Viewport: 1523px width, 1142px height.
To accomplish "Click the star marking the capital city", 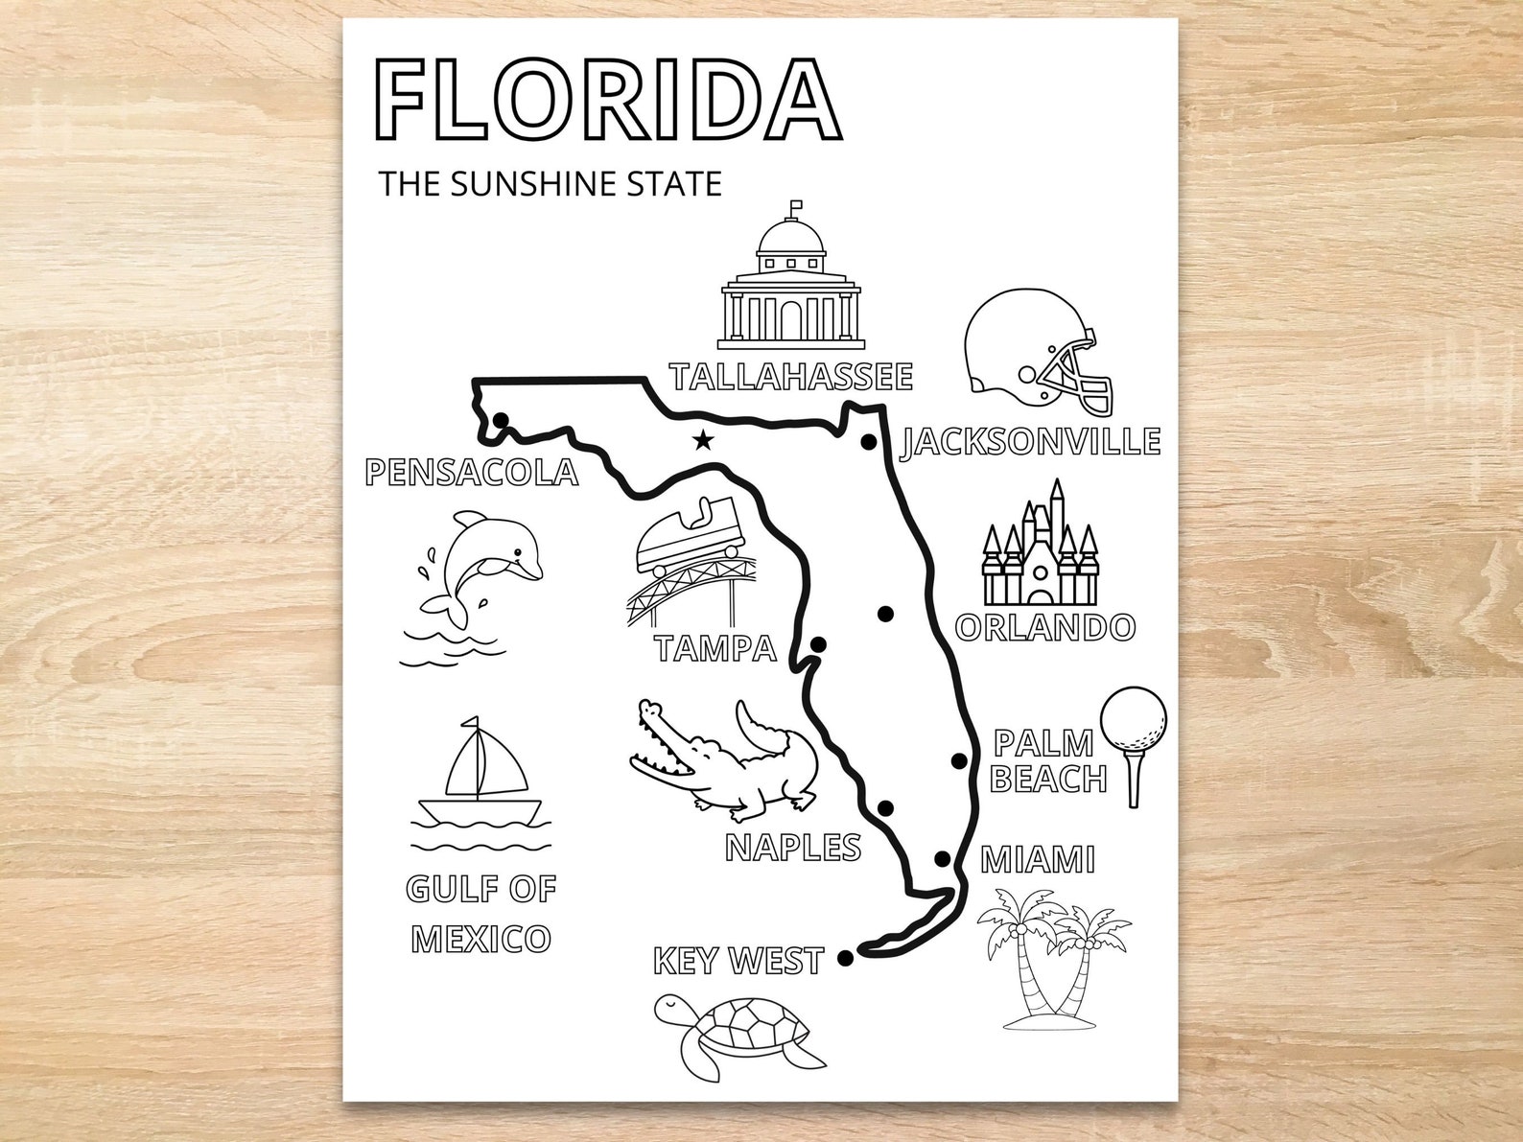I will pyautogui.click(x=704, y=441).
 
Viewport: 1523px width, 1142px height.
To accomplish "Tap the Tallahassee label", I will pyautogui.click(x=791, y=377).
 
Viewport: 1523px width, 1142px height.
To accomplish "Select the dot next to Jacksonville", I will pyautogui.click(x=869, y=442).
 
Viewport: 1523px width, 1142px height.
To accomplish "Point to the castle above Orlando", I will pyautogui.click(x=1039, y=547).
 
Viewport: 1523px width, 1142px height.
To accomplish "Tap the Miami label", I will pyautogui.click(x=1038, y=859).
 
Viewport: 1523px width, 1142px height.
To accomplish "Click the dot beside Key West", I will pyautogui.click(x=845, y=957).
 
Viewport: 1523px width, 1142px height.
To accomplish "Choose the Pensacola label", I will pyautogui.click(x=472, y=472).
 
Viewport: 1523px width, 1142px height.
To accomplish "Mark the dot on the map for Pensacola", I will pyautogui.click(x=500, y=419).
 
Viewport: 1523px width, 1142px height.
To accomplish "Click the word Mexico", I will pyautogui.click(x=481, y=939).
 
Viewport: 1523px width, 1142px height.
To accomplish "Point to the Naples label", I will pyautogui.click(x=793, y=847).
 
